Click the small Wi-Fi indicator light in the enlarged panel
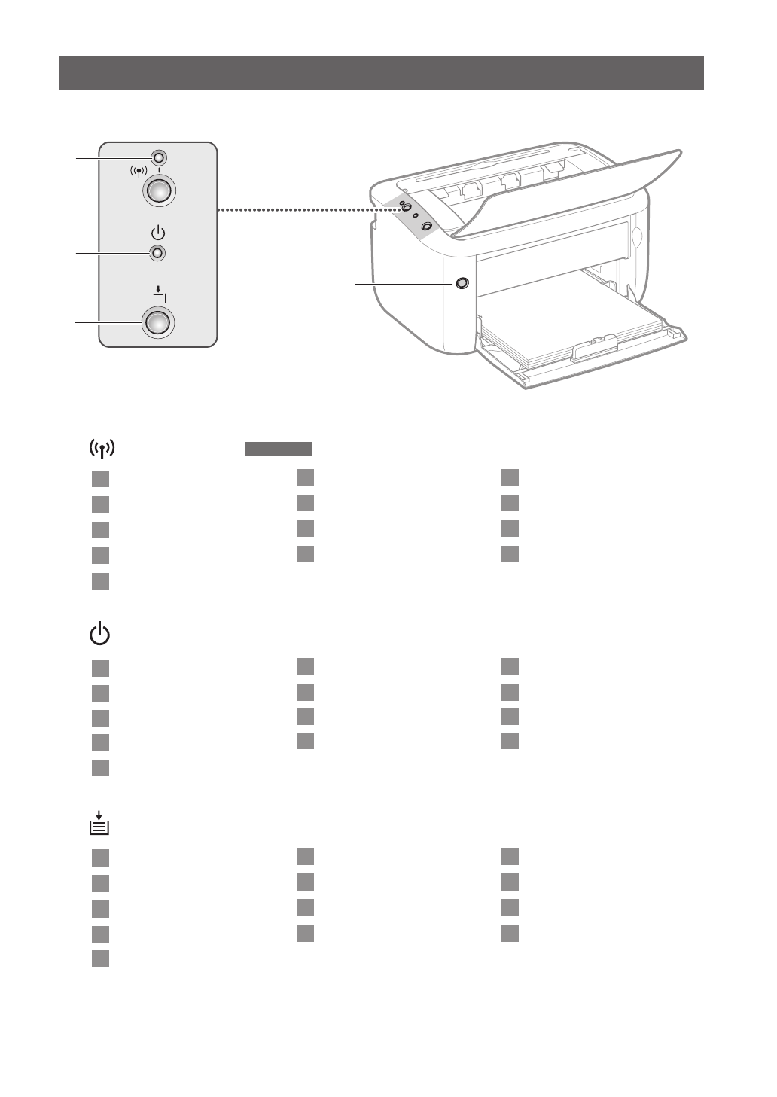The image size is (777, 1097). click(158, 158)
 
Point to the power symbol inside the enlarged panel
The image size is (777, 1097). click(157, 233)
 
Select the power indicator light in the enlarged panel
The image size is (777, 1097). click(157, 253)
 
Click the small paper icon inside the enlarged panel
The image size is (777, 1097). click(157, 294)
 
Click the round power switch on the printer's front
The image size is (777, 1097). click(462, 283)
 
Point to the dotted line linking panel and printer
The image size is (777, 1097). click(294, 210)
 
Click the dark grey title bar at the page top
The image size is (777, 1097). click(382, 72)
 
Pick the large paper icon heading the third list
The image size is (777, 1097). click(99, 823)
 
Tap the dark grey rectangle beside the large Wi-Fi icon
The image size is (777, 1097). click(278, 449)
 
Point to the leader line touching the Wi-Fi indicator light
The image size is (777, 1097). click(113, 158)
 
